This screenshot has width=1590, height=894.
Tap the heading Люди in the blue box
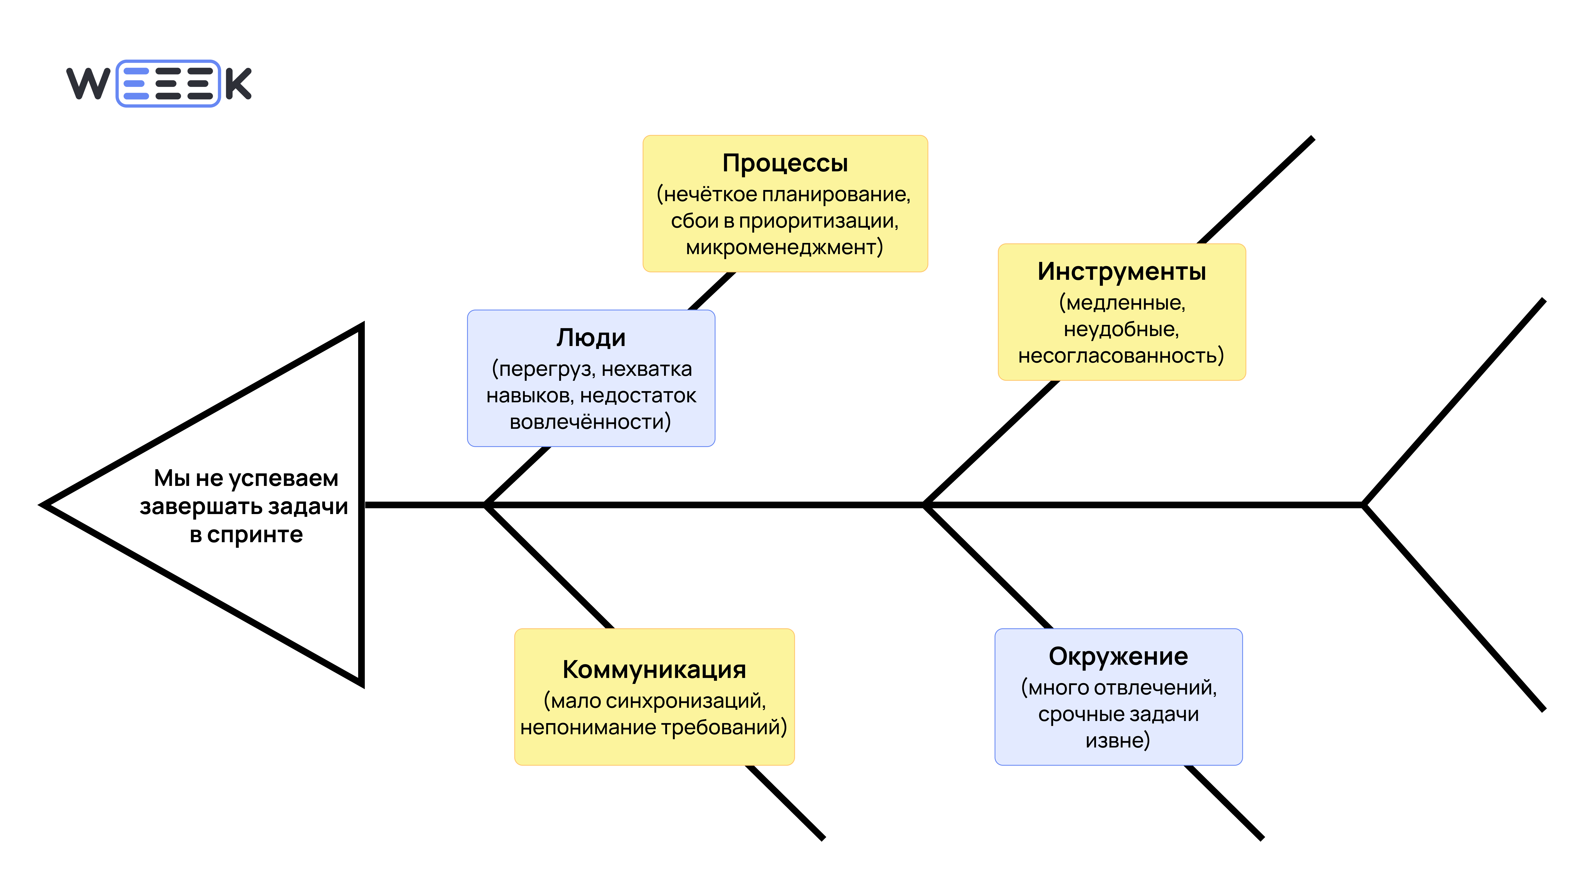point(591,338)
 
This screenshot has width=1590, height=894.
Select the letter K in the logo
point(238,84)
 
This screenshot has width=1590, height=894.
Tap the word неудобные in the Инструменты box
point(1120,329)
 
